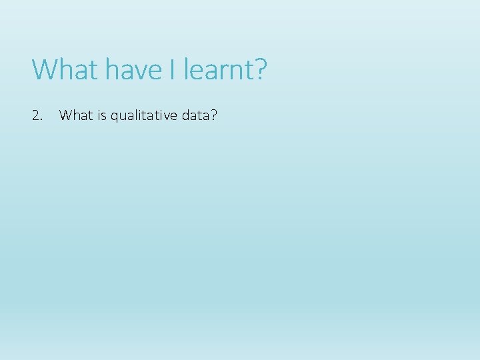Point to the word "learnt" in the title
[x=216, y=69]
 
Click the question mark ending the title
[x=259, y=69]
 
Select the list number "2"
[x=35, y=116]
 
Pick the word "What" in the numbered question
[x=74, y=116]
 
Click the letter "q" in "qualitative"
[x=114, y=118]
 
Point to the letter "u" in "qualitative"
[x=122, y=117]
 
